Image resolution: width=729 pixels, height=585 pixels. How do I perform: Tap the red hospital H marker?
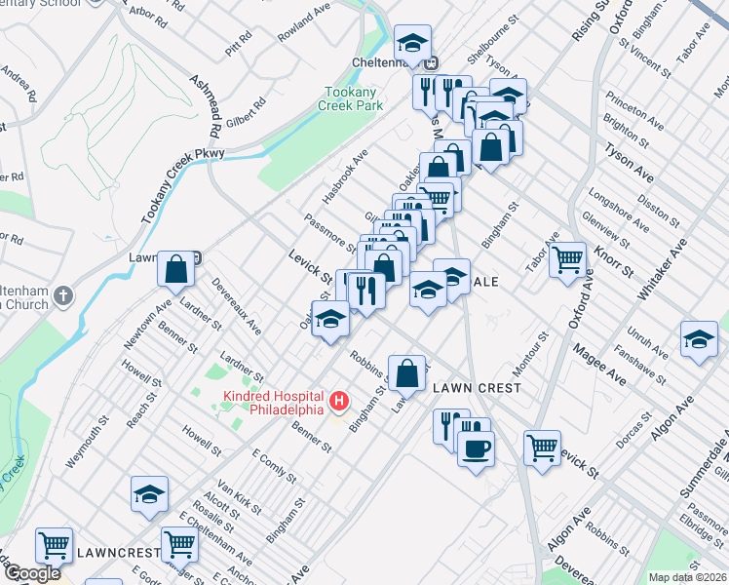339,400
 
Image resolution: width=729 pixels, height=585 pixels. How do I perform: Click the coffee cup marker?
476,448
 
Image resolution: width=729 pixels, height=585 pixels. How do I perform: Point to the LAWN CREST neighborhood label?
477,387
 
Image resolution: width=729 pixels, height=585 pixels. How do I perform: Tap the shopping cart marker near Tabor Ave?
567,259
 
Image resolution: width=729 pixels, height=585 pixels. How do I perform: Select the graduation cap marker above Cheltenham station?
412,43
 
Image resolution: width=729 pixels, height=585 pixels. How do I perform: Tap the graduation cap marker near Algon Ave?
699,339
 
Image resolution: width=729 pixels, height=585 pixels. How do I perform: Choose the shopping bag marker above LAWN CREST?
411,370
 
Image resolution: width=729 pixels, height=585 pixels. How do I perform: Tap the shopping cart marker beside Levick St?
542,448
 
